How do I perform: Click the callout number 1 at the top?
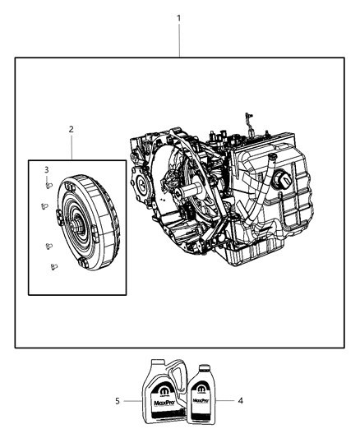click(x=179, y=17)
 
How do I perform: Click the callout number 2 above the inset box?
click(x=72, y=129)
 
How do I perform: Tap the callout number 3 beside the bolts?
click(x=47, y=169)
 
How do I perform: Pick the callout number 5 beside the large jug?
click(x=118, y=402)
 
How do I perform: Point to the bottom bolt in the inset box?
click(x=54, y=265)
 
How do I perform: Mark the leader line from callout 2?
click(x=72, y=146)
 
